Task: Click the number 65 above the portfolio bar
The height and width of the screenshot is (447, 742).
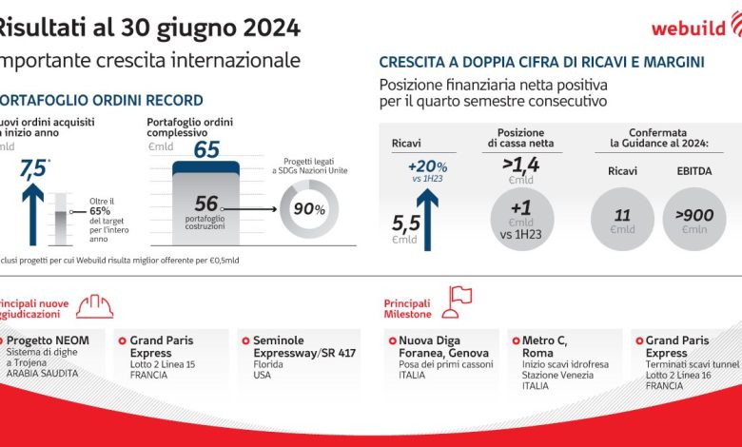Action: pos(206,150)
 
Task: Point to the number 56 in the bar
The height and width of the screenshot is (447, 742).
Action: pos(206,204)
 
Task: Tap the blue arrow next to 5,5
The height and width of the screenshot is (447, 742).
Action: pos(426,215)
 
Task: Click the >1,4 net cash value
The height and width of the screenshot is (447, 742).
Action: pos(520,167)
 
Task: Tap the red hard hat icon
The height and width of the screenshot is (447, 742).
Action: pos(94,304)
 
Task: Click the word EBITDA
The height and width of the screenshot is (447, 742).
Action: pos(694,172)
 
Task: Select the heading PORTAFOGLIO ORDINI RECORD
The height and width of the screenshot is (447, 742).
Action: pos(100,100)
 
